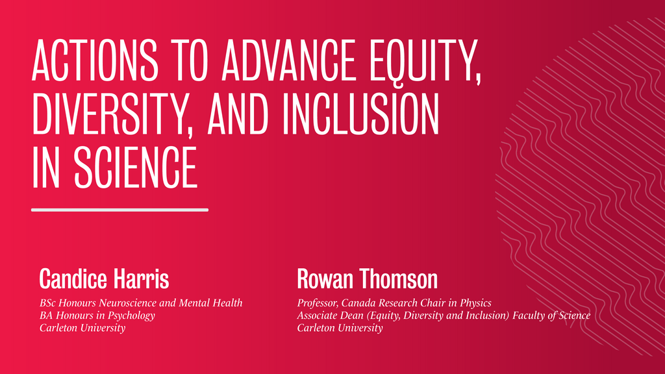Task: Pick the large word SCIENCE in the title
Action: click(136, 168)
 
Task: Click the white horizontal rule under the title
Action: click(119, 210)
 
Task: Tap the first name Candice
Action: click(71, 279)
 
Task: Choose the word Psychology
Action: click(133, 316)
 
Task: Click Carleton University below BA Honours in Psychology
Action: click(82, 328)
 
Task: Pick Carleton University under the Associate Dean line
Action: click(340, 328)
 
